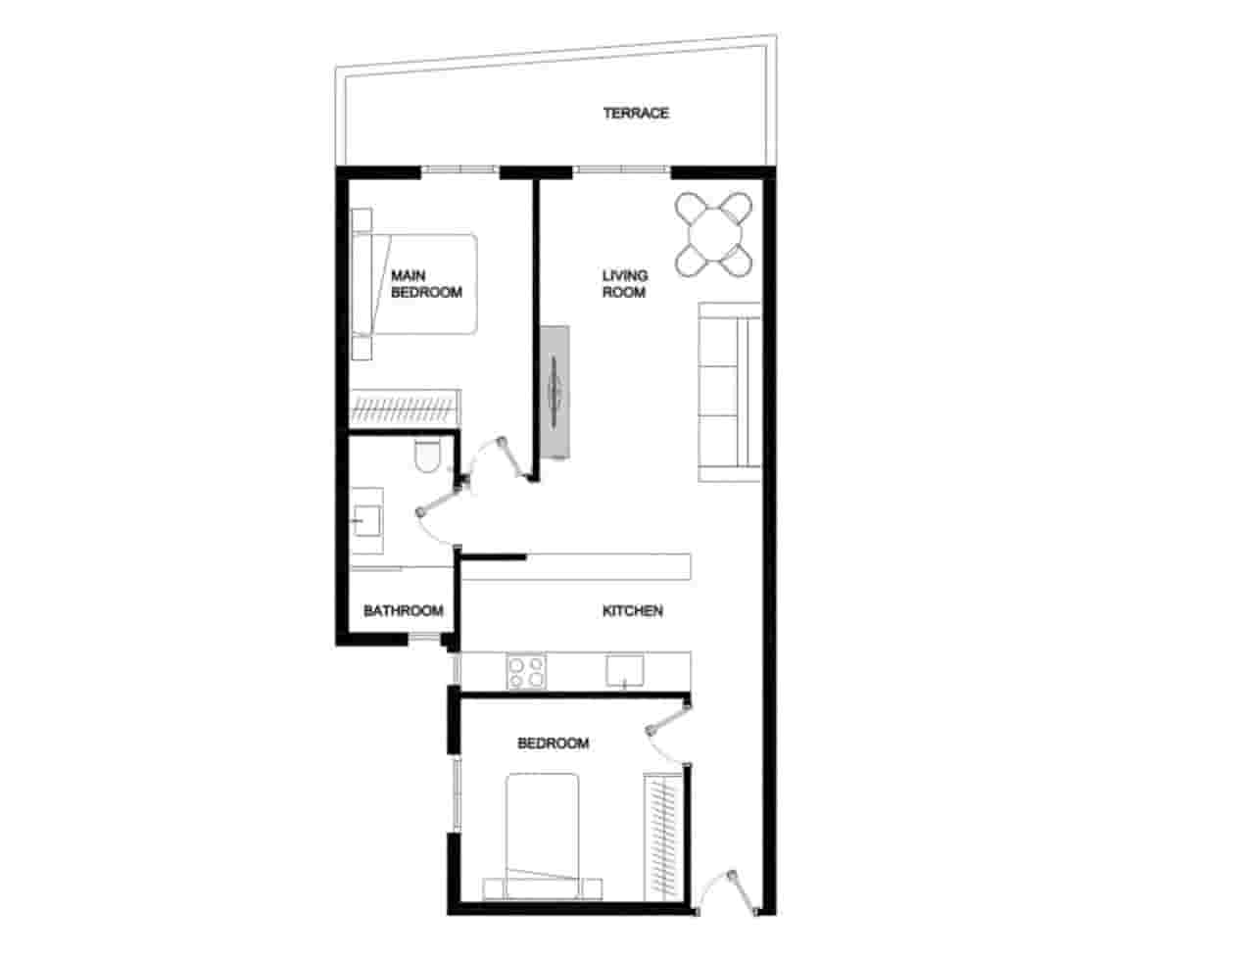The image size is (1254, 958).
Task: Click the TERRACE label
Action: pos(636,114)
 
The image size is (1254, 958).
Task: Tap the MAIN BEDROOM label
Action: pos(426,284)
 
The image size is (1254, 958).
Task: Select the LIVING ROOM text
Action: pos(624,284)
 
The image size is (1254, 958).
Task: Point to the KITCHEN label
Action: pos(632,611)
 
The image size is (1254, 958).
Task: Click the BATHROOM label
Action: pos(403,611)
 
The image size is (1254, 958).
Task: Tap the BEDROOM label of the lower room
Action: pos(553,743)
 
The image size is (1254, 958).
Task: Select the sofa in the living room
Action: pos(729,392)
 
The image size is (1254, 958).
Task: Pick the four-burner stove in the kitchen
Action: pos(526,672)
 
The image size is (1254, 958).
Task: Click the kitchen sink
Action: pos(624,671)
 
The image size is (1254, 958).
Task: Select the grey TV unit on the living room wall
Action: pos(555,392)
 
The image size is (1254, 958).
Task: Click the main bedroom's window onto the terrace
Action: pos(460,170)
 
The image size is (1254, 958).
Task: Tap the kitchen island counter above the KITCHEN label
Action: pos(578,567)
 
